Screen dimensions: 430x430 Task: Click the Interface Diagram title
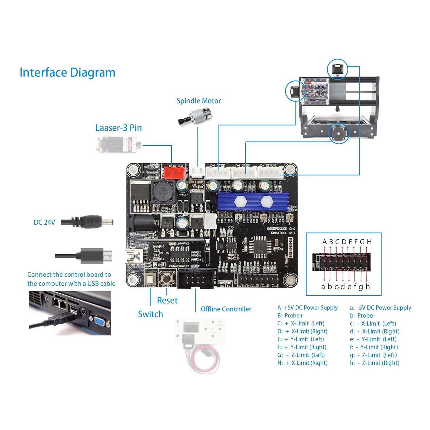click(x=67, y=73)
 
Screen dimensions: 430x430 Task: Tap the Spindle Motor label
click(x=199, y=101)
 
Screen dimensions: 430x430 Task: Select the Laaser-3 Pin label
click(x=118, y=128)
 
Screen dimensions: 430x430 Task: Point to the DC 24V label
click(x=44, y=222)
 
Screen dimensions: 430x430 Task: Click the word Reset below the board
click(x=167, y=300)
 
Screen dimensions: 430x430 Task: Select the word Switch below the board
click(x=150, y=314)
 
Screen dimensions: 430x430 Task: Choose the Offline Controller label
click(x=226, y=309)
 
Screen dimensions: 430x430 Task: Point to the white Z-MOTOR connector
click(x=269, y=173)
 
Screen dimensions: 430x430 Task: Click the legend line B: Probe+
click(x=290, y=316)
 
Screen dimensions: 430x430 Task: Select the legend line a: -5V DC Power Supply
click(x=380, y=308)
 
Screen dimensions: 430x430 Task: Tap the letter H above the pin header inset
click(x=369, y=242)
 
